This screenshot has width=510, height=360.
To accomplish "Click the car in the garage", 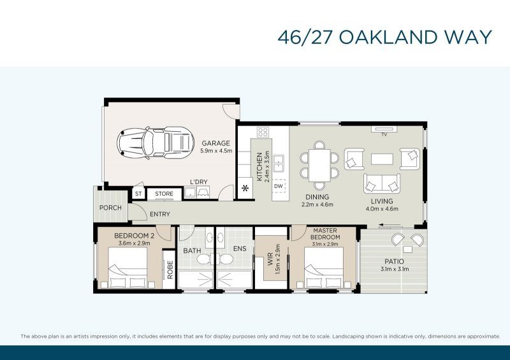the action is (156, 143).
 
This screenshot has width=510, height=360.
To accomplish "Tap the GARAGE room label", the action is (215, 143).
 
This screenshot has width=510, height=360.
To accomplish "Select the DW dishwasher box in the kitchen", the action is (279, 186).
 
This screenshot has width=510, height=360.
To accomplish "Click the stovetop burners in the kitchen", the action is (263, 132).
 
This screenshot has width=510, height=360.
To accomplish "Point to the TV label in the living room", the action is (384, 134).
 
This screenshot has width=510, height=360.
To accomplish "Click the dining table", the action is (319, 165).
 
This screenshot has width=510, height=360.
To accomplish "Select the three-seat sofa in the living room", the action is (382, 184).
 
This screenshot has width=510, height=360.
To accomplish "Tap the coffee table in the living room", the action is (382, 159).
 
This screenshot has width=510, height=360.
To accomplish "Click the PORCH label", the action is (110, 208).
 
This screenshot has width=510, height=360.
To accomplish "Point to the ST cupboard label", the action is (138, 194).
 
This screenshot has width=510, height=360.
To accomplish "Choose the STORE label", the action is (164, 194).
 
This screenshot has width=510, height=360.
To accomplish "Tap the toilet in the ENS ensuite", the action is (226, 259).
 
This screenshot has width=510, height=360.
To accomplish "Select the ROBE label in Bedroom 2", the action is (170, 270).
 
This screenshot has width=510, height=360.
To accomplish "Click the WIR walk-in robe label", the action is (270, 259).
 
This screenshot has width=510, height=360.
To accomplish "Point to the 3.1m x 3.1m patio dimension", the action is (395, 269).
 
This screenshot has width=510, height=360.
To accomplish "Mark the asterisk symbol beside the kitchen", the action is (245, 188).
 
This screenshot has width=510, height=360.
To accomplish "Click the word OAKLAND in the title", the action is (388, 37).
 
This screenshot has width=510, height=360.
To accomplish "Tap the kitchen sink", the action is (279, 164).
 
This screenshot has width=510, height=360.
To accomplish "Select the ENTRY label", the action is (160, 214).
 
